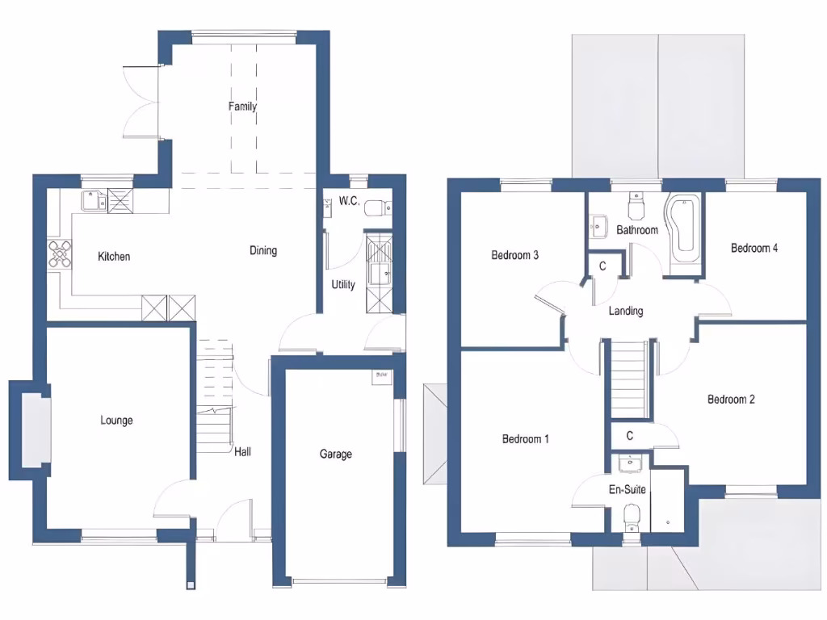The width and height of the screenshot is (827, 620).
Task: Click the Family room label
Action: pos(242,107)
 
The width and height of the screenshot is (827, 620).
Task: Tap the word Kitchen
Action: pos(114,257)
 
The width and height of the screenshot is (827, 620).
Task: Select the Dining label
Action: pos(263,250)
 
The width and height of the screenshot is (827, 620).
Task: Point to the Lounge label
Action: pos(116,421)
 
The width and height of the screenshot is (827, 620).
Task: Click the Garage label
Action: pos(336,455)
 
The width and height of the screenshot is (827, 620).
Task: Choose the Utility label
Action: pos(343,284)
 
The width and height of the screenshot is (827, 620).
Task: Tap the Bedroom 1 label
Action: pos(526,439)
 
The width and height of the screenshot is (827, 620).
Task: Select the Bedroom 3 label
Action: pos(515,255)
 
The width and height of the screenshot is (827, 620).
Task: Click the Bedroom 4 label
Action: pos(754,248)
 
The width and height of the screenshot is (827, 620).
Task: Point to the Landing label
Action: pos(626,311)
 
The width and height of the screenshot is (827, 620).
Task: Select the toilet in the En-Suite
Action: pos(632,517)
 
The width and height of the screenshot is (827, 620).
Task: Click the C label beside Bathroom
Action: pos(602,266)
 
